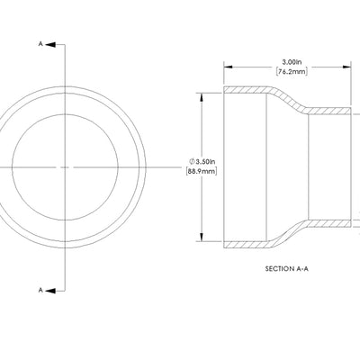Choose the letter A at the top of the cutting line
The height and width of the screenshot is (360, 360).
(40, 43)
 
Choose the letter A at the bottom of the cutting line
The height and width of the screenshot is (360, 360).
(40, 290)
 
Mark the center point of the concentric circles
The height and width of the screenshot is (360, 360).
(67, 166)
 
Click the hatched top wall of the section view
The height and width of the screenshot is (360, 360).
(247, 91)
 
